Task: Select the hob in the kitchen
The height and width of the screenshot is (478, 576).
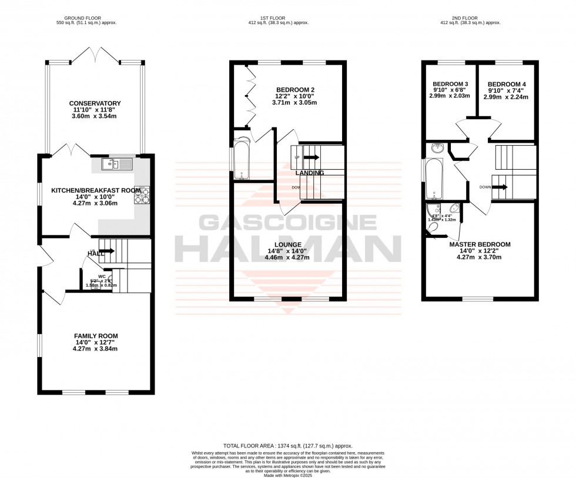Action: (x=142, y=196)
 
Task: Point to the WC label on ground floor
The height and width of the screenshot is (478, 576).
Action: (x=102, y=276)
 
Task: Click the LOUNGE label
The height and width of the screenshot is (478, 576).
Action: (x=287, y=244)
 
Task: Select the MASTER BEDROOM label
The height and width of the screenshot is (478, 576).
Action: (x=480, y=244)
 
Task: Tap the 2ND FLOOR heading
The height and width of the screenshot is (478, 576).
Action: (x=478, y=18)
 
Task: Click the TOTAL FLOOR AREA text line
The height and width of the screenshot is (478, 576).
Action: (x=287, y=446)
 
